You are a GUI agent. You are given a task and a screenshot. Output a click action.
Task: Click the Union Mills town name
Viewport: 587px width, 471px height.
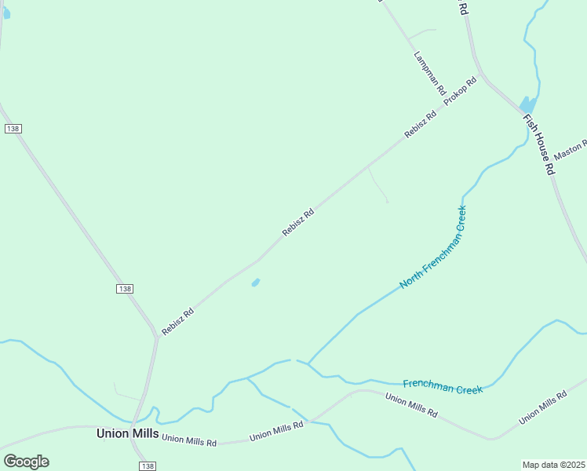pyautogui.click(x=127, y=433)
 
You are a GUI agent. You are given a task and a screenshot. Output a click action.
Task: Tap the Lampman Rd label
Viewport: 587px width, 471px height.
pyautogui.click(x=429, y=74)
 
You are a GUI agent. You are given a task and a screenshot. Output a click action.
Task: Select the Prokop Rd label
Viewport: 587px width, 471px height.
pyautogui.click(x=461, y=92)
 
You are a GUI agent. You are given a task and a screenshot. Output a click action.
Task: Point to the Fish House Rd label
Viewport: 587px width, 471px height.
pyautogui.click(x=539, y=145)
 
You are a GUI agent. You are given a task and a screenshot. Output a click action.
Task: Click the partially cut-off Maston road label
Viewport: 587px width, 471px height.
pyautogui.click(x=571, y=148)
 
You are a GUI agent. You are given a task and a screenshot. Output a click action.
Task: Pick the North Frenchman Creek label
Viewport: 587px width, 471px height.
pyautogui.click(x=433, y=247)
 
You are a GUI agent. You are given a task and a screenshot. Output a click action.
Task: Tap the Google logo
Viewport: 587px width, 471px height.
pyautogui.click(x=26, y=462)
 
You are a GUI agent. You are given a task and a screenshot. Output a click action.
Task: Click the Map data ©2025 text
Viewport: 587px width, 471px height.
pyautogui.click(x=554, y=464)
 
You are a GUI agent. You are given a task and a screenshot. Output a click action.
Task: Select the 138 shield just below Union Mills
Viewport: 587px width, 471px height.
pyautogui.click(x=147, y=466)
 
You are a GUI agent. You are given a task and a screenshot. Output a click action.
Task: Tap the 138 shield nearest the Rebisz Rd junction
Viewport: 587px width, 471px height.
pyautogui.click(x=125, y=289)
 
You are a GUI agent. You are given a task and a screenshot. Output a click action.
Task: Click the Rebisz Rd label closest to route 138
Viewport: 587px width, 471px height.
pyautogui.click(x=177, y=321)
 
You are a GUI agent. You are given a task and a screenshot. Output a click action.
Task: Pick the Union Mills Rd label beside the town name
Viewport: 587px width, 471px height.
pyautogui.click(x=188, y=440)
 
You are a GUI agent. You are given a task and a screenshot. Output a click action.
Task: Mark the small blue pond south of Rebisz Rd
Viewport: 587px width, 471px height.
pyautogui.click(x=256, y=283)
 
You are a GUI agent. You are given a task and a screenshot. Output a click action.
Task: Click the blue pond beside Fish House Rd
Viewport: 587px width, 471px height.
pyautogui.click(x=528, y=104)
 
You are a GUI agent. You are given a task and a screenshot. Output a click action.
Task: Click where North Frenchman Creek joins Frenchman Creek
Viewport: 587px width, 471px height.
pyautogui.click(x=308, y=363)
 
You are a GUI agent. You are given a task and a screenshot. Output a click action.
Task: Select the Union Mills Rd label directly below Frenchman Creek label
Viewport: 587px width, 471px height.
pyautogui.click(x=411, y=405)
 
